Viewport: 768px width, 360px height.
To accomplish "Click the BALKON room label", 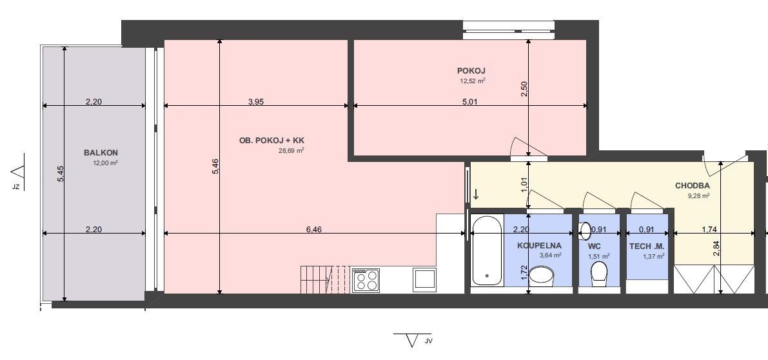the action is point(101,153).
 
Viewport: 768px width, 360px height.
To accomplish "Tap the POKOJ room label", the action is point(471,71).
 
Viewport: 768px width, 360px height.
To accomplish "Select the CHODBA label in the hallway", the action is point(692,186).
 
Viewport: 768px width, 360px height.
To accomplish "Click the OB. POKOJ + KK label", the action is point(271,140).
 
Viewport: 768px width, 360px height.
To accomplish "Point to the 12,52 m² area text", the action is point(472,81).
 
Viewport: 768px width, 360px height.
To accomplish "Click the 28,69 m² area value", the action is point(291,151).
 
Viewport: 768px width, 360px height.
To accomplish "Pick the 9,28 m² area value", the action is point(699,196).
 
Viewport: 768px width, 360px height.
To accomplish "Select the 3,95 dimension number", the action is point(256,102).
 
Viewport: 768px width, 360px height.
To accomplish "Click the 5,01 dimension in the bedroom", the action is point(469,102).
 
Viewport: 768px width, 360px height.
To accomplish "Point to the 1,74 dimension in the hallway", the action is point(710,229).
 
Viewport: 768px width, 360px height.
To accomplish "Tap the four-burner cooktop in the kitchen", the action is point(366,280).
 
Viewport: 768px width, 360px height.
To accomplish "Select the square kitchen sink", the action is point(424,279).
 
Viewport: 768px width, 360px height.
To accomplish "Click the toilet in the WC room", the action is point(600,274).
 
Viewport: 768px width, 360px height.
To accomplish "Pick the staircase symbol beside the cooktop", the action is point(325,279).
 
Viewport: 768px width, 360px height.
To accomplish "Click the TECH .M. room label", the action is point(647,246).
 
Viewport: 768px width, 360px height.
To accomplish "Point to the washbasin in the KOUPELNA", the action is point(541,275).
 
